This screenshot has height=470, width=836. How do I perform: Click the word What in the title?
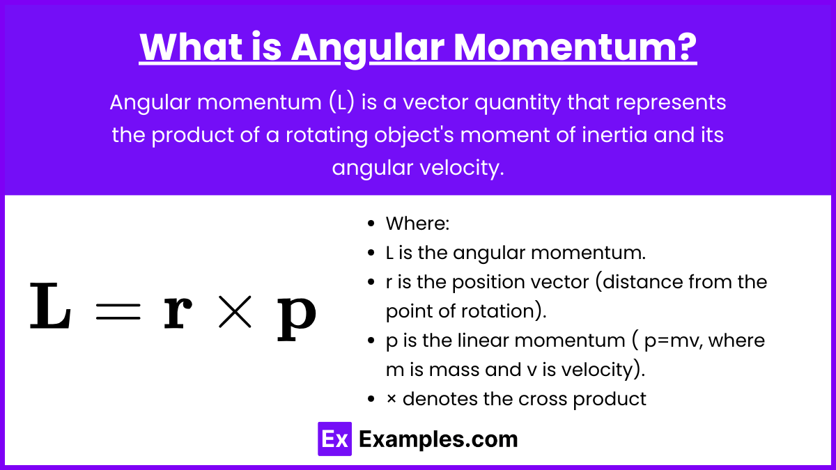pos(191,47)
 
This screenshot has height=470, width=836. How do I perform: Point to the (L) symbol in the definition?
pos(341,102)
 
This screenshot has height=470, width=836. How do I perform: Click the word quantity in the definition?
pos(518,103)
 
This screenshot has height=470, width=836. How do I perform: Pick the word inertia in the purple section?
pos(614,134)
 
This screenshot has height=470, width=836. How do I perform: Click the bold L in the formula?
pos(50,306)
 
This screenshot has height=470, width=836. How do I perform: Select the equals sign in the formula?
pos(118,311)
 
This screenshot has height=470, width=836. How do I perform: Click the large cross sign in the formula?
pos(235,312)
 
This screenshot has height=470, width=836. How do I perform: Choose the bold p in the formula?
pos(297,319)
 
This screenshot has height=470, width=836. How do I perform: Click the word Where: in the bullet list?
pos(417,224)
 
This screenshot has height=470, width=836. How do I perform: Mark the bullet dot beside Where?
pos(371,224)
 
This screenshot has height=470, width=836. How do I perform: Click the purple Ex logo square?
pos(335,439)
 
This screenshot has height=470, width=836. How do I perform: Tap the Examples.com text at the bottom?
pos(438,439)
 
